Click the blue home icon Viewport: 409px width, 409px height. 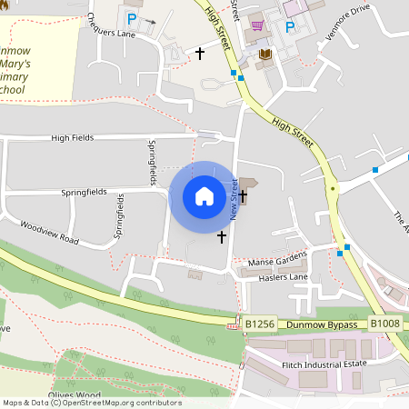pyautogui.click(x=204, y=195)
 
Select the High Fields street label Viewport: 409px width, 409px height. pyautogui.click(x=72, y=137)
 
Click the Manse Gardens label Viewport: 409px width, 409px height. pyautogui.click(x=278, y=260)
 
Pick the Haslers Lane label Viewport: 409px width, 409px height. pyautogui.click(x=277, y=275)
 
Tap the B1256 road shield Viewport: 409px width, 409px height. pyautogui.click(x=260, y=323)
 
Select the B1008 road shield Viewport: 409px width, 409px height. pyautogui.click(x=385, y=323)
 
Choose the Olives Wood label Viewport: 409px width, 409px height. pyautogui.click(x=75, y=394)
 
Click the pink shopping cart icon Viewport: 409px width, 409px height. pyautogui.click(x=257, y=25)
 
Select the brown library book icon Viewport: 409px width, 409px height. pyautogui.click(x=265, y=55)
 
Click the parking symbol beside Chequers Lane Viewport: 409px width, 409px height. pyautogui.click(x=132, y=18)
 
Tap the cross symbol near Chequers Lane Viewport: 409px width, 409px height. pyautogui.click(x=200, y=54)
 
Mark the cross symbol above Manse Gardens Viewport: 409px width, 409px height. pyautogui.click(x=222, y=236)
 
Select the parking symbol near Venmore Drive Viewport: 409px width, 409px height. pyautogui.click(x=290, y=26)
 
